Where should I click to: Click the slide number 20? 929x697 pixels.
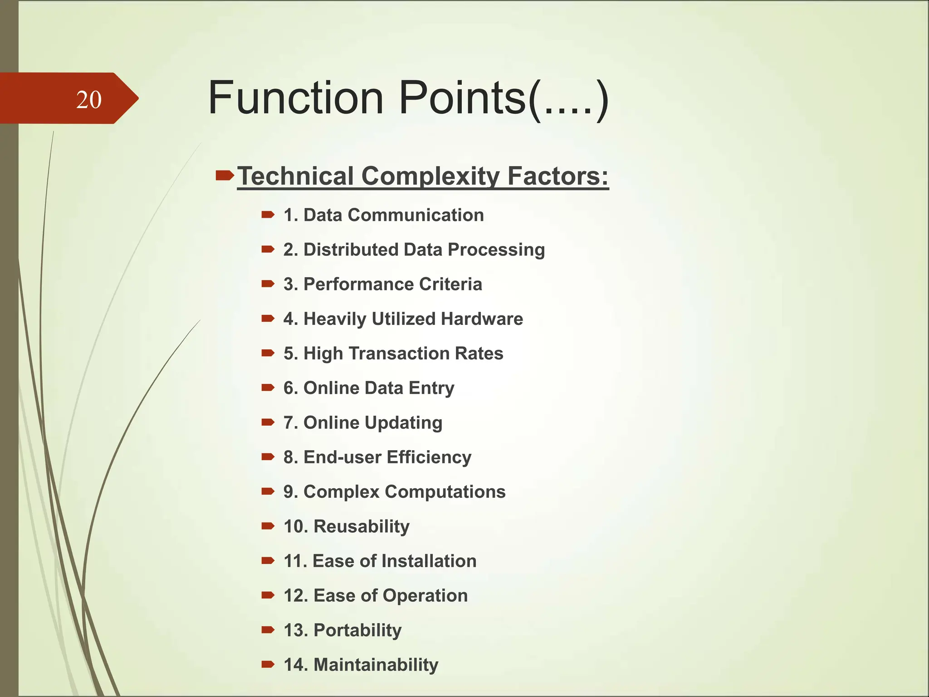[89, 100]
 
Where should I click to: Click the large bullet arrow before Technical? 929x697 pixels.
[225, 175]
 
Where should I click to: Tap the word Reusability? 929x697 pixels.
[362, 526]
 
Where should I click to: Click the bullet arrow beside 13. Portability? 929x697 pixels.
[268, 630]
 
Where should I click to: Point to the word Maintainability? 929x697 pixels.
[376, 665]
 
